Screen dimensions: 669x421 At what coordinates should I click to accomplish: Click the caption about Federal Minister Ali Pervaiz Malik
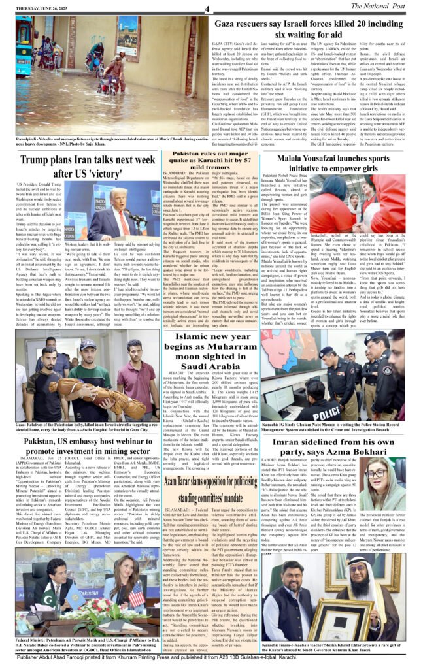105,647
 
